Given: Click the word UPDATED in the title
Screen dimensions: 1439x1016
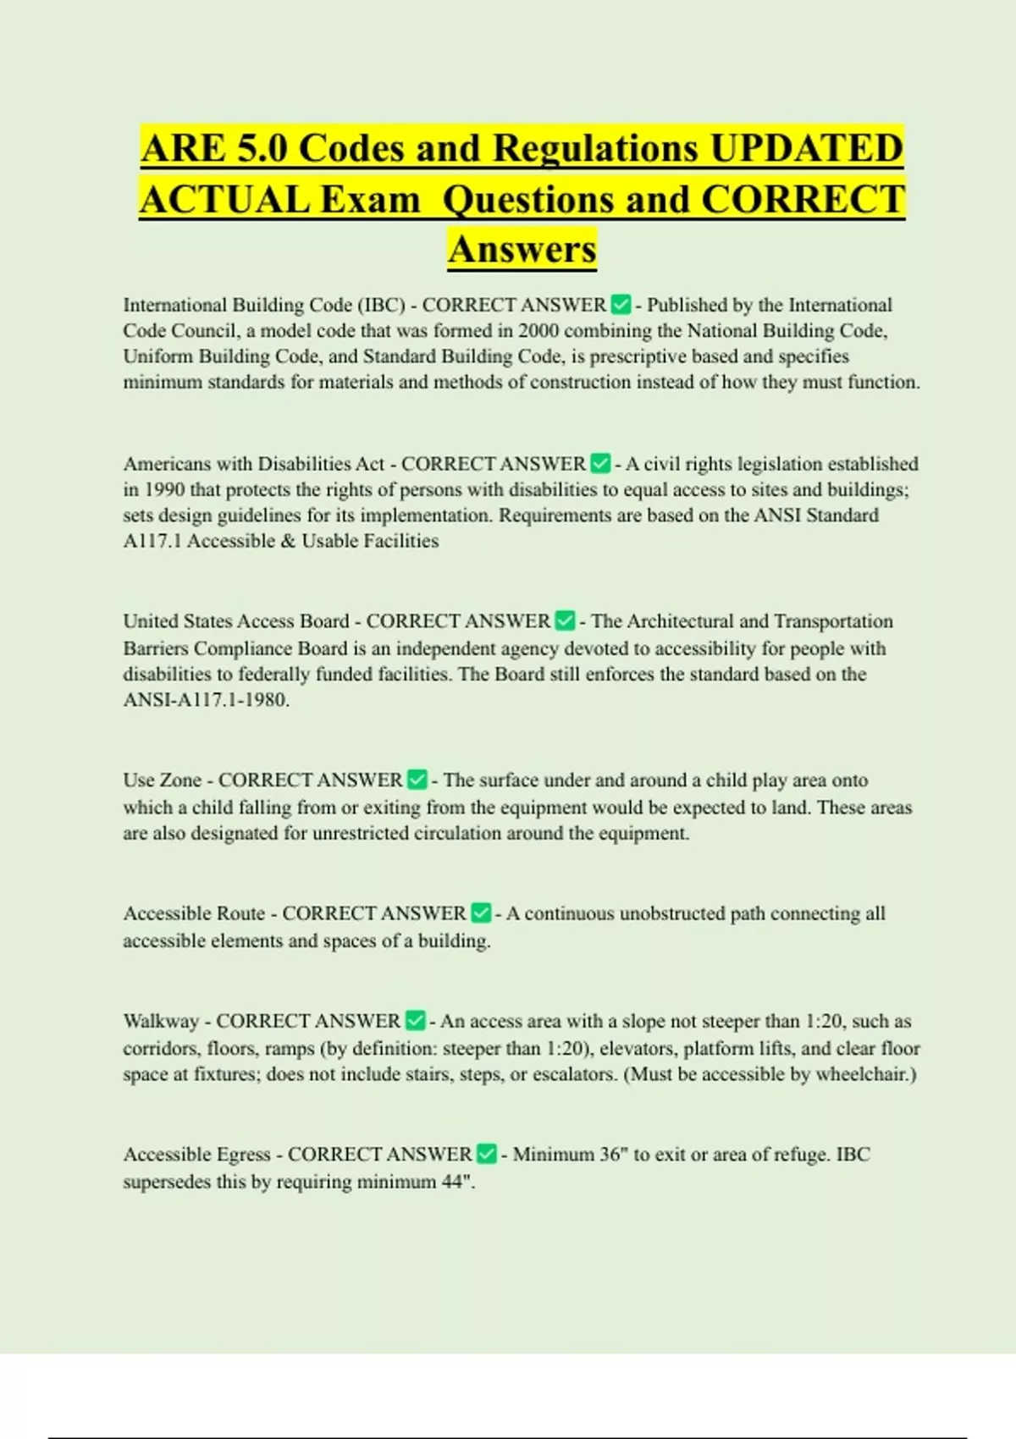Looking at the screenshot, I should point(806,149).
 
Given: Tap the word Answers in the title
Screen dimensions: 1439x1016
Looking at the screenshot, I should point(522,250).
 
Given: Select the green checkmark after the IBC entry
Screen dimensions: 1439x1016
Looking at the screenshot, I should point(621,304).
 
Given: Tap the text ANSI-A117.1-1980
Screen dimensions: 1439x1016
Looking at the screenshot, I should point(206,700).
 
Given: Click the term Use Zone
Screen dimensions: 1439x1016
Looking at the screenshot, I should point(162,780).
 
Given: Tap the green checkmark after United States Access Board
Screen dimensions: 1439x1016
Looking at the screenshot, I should point(565,620).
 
